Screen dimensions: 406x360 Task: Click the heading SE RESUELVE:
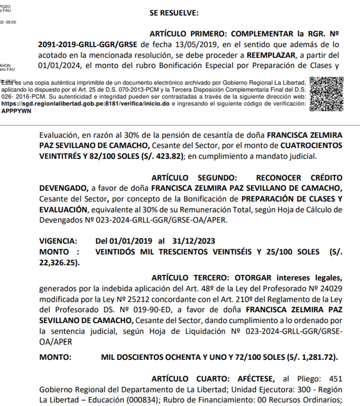click(174, 13)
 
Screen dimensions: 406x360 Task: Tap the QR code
click(327, 94)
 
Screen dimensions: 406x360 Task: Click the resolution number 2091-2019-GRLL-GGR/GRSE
click(88, 45)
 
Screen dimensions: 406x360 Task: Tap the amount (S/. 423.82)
click(161, 156)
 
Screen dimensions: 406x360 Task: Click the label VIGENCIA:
click(58, 241)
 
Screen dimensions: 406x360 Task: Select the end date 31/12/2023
click(193, 241)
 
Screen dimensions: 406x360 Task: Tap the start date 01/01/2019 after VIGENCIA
click(130, 241)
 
